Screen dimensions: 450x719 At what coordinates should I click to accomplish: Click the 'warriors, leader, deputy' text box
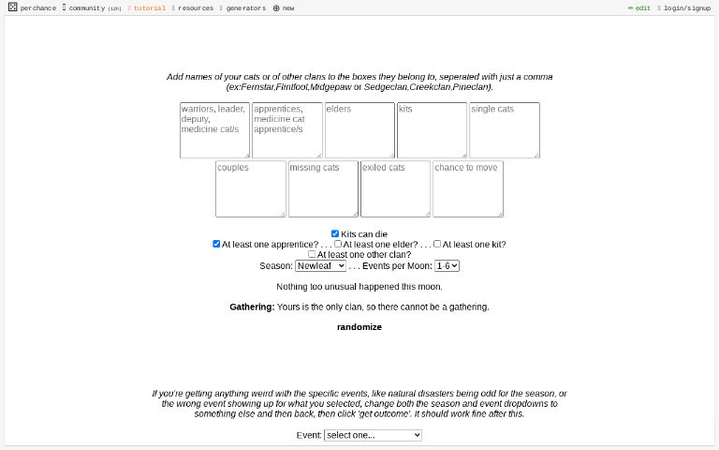(x=214, y=130)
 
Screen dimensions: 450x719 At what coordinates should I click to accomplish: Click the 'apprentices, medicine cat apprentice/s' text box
(x=286, y=130)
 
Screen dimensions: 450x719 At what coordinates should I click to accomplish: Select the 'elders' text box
(x=359, y=130)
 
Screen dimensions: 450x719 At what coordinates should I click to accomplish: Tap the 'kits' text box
(x=432, y=130)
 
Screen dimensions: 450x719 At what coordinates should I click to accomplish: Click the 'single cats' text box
(x=505, y=130)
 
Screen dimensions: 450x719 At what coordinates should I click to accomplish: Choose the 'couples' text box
(x=251, y=188)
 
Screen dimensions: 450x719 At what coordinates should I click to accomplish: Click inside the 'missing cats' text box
(x=323, y=188)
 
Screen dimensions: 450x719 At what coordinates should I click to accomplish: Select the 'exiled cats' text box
(x=395, y=188)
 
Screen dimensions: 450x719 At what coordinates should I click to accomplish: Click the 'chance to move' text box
(x=468, y=188)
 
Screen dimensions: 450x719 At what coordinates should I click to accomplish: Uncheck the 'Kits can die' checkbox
(x=335, y=234)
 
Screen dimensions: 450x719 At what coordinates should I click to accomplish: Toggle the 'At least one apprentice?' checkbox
(x=216, y=244)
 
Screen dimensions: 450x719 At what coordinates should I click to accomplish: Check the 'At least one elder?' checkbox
(x=338, y=244)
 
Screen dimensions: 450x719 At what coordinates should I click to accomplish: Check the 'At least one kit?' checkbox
(x=437, y=244)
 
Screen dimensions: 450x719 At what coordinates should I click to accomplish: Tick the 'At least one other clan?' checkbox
(x=312, y=254)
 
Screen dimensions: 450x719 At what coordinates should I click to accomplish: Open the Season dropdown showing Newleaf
(x=320, y=266)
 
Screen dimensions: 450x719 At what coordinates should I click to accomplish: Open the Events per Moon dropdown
(x=447, y=266)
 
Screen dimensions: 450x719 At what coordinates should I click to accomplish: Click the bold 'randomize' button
(x=359, y=327)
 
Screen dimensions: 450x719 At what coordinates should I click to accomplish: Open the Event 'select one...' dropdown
(x=373, y=435)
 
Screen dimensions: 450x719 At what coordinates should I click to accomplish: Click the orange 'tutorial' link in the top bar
(x=149, y=8)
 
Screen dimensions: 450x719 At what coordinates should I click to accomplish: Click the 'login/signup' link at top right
(x=686, y=8)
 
